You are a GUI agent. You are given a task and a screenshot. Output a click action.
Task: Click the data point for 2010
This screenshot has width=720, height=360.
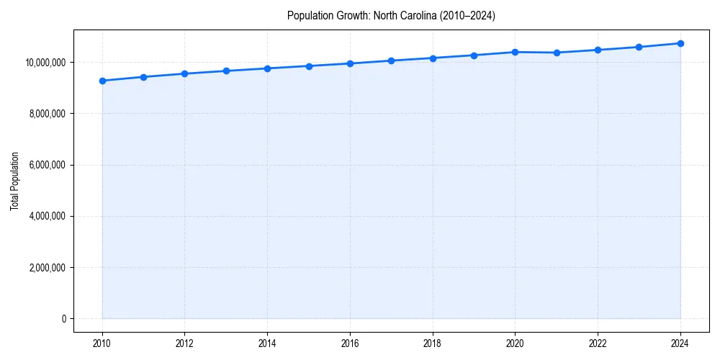pos(102,81)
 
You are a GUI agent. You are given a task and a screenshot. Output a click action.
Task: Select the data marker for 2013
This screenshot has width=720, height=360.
pos(226,71)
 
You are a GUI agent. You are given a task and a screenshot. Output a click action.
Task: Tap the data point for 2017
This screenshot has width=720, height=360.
pos(391,60)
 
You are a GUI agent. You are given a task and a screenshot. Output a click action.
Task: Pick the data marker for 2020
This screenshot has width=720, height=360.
pos(515,52)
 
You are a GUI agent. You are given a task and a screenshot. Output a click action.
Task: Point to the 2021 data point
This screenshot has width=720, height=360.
pos(557,53)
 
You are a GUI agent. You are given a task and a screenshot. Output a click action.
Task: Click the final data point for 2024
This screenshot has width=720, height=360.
pos(680,43)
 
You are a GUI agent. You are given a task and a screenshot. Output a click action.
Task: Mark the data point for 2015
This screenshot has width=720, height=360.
pos(309,66)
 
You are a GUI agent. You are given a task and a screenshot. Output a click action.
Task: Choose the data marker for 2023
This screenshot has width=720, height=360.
pos(639,47)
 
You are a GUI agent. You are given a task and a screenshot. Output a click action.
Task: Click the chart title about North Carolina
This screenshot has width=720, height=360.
pos(391,15)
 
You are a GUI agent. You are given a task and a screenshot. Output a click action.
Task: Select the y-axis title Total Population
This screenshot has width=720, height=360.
pos(14,181)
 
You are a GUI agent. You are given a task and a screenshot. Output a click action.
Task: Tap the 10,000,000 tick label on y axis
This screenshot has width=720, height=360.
pos(45,63)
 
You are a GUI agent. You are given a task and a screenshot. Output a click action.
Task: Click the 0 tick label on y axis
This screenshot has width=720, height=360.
pos(63,319)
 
